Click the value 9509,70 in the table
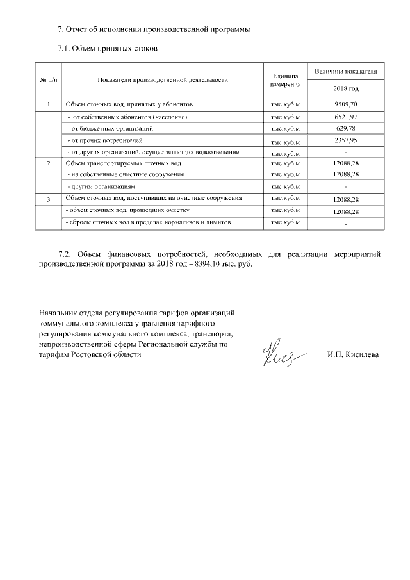click(x=346, y=104)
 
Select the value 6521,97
click(x=346, y=117)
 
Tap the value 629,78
click(x=346, y=128)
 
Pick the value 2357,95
click(x=346, y=140)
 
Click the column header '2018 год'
click(x=346, y=88)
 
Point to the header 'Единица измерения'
click(x=286, y=80)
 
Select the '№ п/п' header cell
click(x=49, y=80)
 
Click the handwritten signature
click(x=278, y=354)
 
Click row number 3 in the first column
click(x=49, y=199)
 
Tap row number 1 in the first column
click(x=49, y=104)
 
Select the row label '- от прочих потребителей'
click(x=106, y=140)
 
